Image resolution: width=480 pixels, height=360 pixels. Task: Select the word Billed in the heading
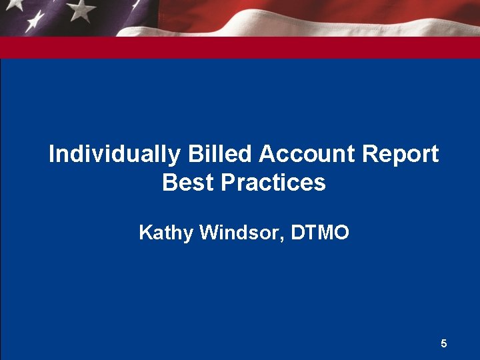pyautogui.click(x=220, y=155)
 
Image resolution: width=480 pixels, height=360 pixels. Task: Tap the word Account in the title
pyautogui.click(x=307, y=155)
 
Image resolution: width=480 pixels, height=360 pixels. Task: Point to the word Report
pyautogui.click(x=401, y=155)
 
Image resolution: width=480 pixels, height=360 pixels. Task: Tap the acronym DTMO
pyautogui.click(x=321, y=233)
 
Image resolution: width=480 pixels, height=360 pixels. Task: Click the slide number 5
pyautogui.click(x=444, y=344)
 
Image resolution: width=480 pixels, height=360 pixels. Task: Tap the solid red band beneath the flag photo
pyautogui.click(x=240, y=47)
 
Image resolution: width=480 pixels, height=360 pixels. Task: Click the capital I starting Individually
pyautogui.click(x=51, y=155)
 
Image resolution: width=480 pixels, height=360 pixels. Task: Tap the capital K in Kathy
pyautogui.click(x=144, y=233)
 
